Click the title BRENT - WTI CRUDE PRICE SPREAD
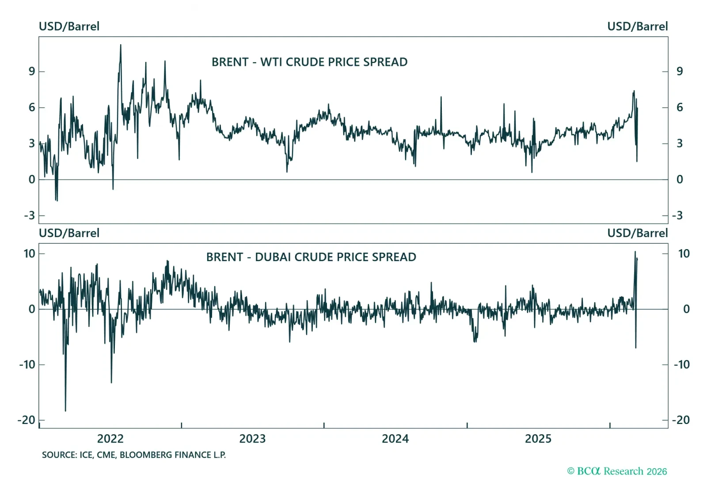(309, 62)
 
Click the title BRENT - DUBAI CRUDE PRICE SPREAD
(311, 257)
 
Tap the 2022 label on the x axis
(110, 439)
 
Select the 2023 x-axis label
(252, 439)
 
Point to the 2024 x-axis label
(395, 439)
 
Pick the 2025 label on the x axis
(538, 439)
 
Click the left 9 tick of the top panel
(32, 71)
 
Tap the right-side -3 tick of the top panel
(677, 216)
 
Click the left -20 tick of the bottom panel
(26, 420)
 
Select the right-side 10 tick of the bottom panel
(684, 254)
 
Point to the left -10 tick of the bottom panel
(27, 364)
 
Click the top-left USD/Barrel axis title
(69, 26)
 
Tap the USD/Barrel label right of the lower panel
(637, 233)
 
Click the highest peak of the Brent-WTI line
(121, 45)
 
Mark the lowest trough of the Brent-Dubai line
(65, 410)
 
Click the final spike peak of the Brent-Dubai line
(635, 252)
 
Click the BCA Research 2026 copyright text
(617, 471)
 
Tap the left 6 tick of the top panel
(32, 107)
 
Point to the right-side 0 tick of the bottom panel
(686, 309)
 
